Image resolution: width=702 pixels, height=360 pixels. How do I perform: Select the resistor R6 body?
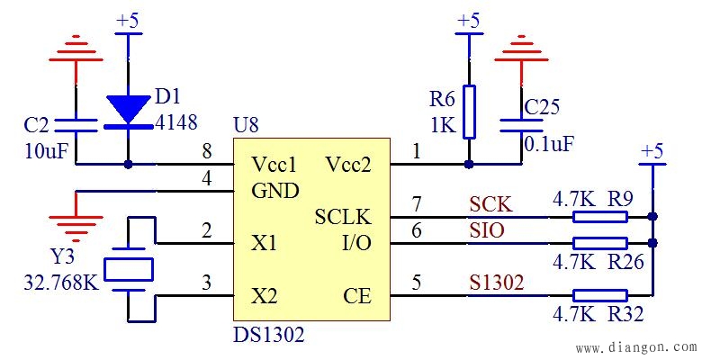(x=468, y=112)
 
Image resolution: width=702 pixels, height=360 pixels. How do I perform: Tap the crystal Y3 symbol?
(x=129, y=268)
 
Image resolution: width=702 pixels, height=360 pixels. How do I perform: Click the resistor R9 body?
(x=600, y=217)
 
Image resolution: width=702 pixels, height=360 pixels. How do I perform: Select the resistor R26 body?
(x=600, y=243)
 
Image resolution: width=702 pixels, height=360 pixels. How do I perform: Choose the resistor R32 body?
(x=600, y=294)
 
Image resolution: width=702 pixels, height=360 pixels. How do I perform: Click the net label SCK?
(x=490, y=205)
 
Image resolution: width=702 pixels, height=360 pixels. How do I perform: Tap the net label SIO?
(x=487, y=231)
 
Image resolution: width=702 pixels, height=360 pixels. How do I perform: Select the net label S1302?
(x=497, y=283)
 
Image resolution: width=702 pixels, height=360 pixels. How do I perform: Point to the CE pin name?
(x=356, y=296)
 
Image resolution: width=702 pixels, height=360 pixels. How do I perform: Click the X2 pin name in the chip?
(x=264, y=296)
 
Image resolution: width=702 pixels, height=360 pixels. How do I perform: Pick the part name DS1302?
(x=268, y=336)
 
